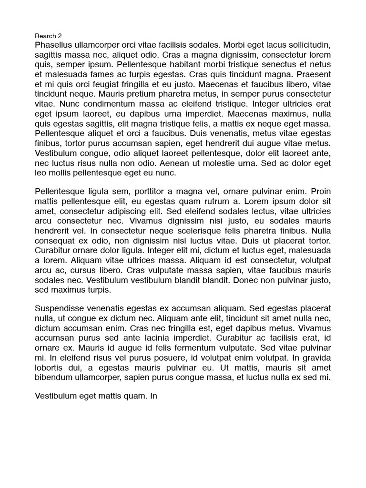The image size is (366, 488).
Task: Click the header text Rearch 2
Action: [48, 36]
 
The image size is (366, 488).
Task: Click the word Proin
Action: [321, 192]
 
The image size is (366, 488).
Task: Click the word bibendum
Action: [55, 377]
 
